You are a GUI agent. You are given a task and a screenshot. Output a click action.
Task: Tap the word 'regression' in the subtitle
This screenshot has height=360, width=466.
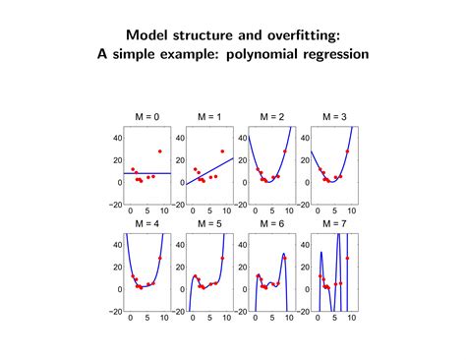click(x=334, y=54)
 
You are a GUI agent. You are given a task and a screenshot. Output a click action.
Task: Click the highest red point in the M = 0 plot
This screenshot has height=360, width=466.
click(x=159, y=151)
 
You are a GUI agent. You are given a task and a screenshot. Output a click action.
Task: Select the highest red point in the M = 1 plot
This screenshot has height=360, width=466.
click(x=221, y=151)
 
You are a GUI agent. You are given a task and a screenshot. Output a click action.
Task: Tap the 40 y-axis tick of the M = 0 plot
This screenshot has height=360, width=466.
click(x=116, y=138)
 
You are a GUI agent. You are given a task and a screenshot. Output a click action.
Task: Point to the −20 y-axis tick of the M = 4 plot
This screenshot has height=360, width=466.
click(x=114, y=312)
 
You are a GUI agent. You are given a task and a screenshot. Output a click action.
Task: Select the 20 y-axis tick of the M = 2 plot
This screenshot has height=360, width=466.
click(x=240, y=160)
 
